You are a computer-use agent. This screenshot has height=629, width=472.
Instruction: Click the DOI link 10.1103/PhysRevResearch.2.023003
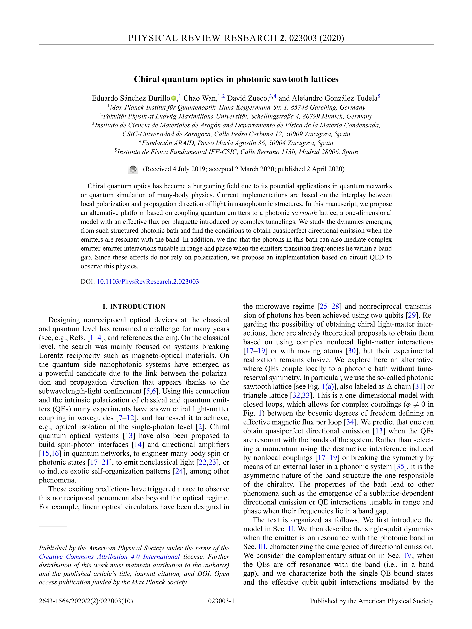148,282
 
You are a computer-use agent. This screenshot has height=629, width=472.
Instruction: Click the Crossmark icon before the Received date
133,169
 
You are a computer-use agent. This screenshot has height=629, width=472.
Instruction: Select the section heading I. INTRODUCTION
134,306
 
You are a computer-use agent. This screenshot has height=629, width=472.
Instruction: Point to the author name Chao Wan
200,98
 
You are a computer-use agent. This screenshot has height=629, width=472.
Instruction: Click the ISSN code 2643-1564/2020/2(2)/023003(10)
86,601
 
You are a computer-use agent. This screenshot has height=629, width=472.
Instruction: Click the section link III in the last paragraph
262,547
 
